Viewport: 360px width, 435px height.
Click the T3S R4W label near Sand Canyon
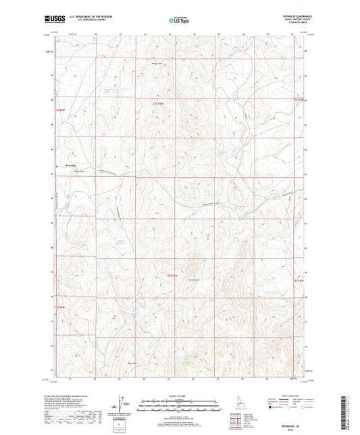pos(173,276)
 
